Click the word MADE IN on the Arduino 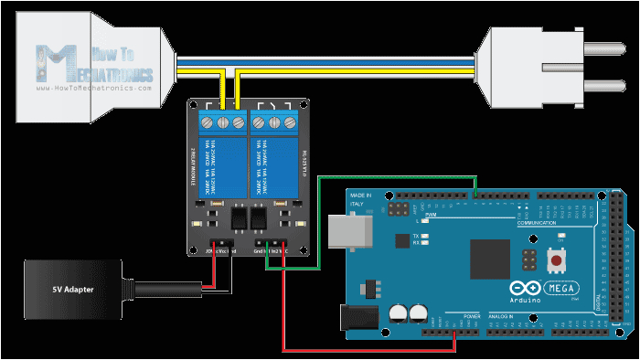coord(361,195)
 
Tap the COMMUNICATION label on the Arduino coord(537,223)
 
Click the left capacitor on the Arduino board coord(397,312)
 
